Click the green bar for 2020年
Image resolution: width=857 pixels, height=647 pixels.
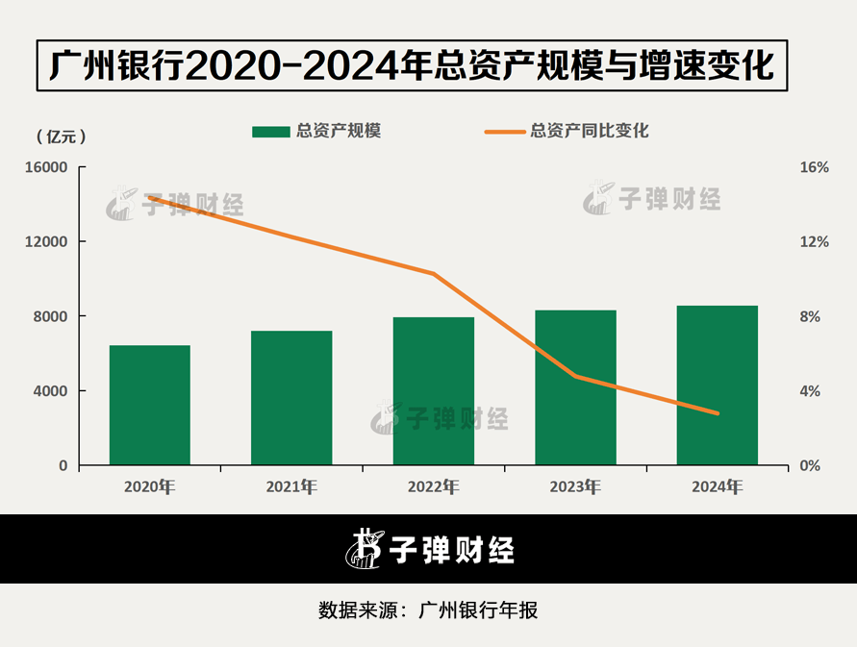click(149, 405)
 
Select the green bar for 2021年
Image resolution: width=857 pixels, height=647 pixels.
click(291, 398)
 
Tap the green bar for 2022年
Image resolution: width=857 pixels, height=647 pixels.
click(434, 391)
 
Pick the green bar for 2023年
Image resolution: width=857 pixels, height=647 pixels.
click(575, 387)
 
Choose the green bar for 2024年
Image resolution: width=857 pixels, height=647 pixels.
click(718, 386)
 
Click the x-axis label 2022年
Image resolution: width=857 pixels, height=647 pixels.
click(434, 486)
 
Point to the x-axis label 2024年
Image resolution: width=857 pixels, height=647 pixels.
click(718, 486)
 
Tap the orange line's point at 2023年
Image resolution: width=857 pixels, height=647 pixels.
click(575, 376)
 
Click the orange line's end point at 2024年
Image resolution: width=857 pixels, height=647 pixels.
click(718, 413)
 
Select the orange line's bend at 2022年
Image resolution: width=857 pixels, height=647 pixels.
click(434, 274)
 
